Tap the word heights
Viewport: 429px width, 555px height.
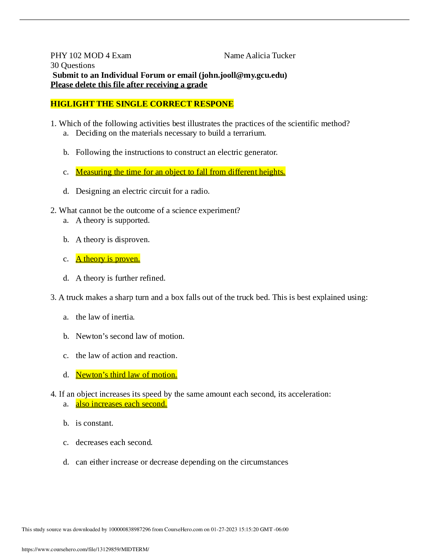(272, 172)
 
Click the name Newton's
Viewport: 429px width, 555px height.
(92, 375)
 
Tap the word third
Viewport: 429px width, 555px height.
(118, 375)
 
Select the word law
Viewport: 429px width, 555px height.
(134, 375)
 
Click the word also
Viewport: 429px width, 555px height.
(82, 404)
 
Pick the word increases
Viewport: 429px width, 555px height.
(107, 404)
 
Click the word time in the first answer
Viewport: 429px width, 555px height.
(134, 172)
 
